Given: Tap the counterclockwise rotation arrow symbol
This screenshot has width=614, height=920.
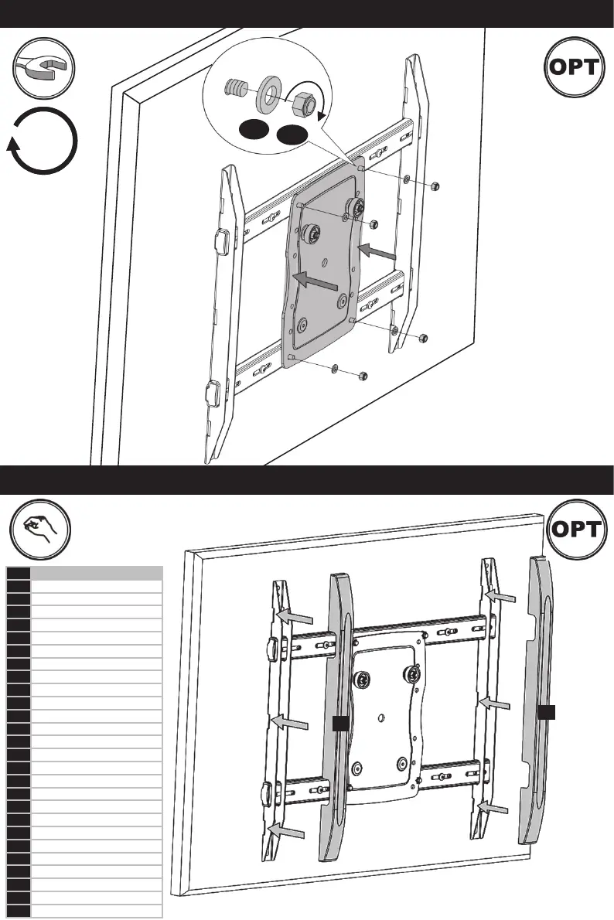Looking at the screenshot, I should click(x=45, y=142).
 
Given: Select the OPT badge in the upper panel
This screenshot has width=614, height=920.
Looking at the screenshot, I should click(x=573, y=67).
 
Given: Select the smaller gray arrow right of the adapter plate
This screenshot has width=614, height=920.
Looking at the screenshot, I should click(x=379, y=252).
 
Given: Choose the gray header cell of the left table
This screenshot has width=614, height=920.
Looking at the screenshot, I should click(x=96, y=573).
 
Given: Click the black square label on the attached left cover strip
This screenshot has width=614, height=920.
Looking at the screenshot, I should click(x=339, y=723).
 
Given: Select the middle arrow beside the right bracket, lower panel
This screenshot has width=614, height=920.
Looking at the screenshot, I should click(x=495, y=703).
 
